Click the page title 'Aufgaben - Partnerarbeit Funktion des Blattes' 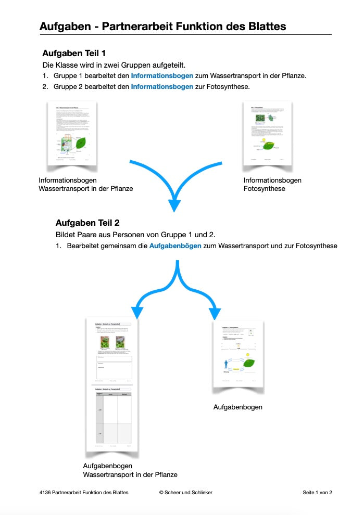(162, 26)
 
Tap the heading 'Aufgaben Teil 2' (87, 223)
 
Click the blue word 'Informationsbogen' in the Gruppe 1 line (162, 75)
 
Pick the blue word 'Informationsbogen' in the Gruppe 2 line (162, 86)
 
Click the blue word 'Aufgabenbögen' (175, 246)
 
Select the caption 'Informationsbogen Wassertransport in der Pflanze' (85, 185)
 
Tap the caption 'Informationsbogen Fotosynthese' (272, 185)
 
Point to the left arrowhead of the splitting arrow (137, 312)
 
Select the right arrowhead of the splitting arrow (215, 314)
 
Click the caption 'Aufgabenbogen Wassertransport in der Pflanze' (130, 470)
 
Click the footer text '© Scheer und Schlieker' (186, 492)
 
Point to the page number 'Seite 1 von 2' (317, 492)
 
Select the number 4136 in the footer (45, 492)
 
